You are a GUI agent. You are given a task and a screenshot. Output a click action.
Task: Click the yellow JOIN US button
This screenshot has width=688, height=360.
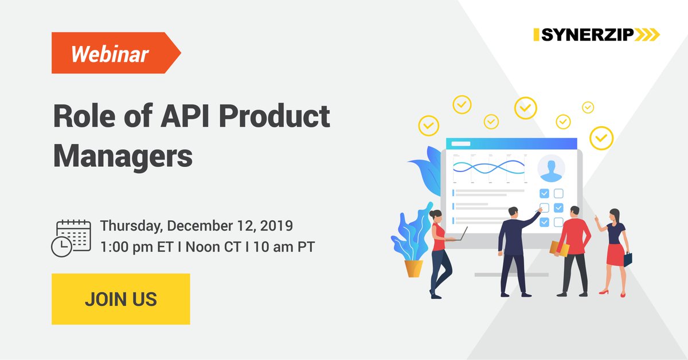[x=120, y=299]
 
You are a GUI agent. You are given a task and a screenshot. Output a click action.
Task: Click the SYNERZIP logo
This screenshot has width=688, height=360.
[x=596, y=35]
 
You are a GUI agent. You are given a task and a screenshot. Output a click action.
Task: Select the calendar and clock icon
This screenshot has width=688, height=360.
[x=71, y=237]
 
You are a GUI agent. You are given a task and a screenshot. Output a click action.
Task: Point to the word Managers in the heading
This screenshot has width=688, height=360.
[x=123, y=155]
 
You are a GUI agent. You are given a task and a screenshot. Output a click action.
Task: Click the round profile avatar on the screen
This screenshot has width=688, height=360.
[x=551, y=169]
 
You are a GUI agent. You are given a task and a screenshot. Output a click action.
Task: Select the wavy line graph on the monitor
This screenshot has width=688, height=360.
[x=488, y=167]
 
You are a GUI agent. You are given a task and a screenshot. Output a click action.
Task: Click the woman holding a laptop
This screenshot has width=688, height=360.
[x=439, y=252]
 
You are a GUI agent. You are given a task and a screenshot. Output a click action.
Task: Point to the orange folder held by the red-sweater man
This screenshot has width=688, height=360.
[x=558, y=248]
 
